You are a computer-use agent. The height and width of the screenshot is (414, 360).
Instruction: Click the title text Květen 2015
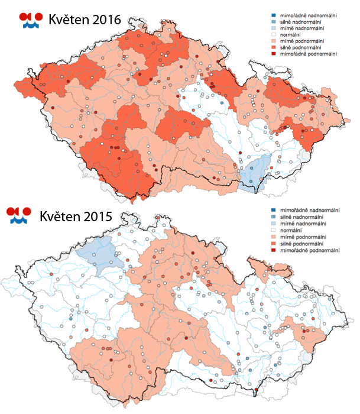pos(76,216)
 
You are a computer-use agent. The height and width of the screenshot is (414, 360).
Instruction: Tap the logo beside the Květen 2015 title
pos(21,216)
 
